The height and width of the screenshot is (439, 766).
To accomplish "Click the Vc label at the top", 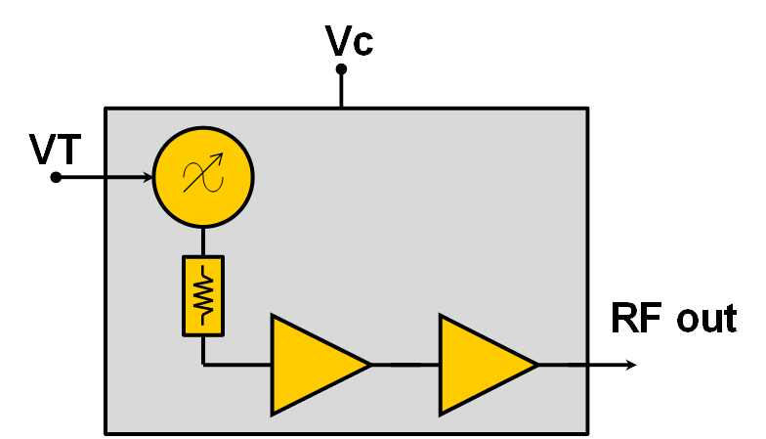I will [349, 41].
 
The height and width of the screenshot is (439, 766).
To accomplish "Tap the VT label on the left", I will [56, 150].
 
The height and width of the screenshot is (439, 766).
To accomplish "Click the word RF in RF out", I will [635, 319].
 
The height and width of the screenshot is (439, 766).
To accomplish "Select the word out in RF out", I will [702, 319].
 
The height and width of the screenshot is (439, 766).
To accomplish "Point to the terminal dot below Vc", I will [341, 69].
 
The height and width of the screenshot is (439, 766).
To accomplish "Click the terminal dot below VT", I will [56, 177].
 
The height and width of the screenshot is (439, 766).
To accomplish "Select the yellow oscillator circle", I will [203, 177].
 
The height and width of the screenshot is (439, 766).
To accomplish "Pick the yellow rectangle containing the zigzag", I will [203, 294].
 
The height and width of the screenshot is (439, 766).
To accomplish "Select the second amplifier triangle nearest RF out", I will [483, 365].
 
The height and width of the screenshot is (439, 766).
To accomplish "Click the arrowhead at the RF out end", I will [631, 365].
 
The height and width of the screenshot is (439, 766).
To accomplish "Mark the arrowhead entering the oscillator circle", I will [149, 177].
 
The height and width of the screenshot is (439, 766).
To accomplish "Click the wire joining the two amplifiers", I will [405, 365].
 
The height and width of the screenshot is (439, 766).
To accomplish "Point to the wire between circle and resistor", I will [203, 241].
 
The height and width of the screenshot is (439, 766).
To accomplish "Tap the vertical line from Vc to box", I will [341, 90].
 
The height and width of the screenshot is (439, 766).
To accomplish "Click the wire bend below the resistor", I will [203, 365].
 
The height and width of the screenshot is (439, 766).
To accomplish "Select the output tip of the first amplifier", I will [369, 365].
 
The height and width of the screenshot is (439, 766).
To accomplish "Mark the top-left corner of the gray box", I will [106, 109].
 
